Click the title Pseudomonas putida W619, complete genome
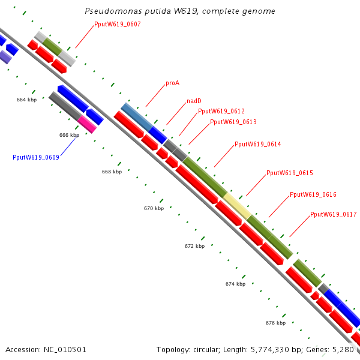[x=180, y=11]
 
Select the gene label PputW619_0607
[x=118, y=25]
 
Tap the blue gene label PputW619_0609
[x=35, y=157]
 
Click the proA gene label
[x=172, y=83]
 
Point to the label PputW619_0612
[x=221, y=111]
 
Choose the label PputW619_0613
[x=233, y=122]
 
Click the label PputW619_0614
[x=257, y=145]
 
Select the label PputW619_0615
[x=290, y=173]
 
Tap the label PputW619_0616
[x=313, y=194]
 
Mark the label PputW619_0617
[x=334, y=215]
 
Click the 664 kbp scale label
[x=26, y=100]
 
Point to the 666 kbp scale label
[x=69, y=135]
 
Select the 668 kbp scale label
[x=112, y=172]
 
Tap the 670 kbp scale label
[x=154, y=208]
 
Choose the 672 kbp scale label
[x=194, y=246]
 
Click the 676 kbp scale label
[x=275, y=323]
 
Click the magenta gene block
[x=87, y=124]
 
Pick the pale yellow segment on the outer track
[x=237, y=206]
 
